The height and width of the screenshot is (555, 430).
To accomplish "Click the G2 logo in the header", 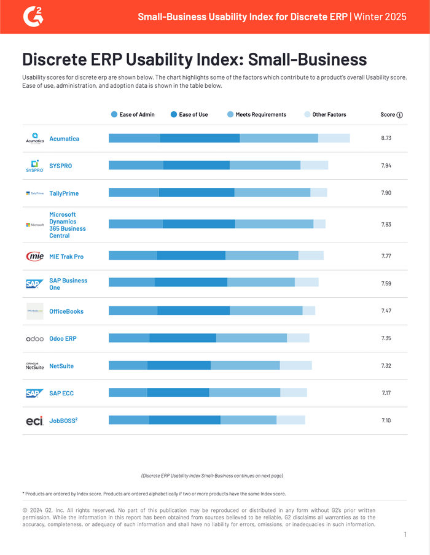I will pyautogui.click(x=33, y=16).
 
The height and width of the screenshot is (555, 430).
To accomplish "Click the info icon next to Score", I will pyautogui.click(x=400, y=115).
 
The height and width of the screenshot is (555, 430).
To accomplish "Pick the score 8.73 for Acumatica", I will pyautogui.click(x=386, y=139).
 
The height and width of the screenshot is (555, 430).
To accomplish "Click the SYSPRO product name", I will pyautogui.click(x=60, y=166).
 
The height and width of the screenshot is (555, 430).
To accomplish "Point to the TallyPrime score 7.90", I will pyautogui.click(x=386, y=193).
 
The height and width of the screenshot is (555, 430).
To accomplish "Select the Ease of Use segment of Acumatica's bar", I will pyautogui.click(x=200, y=138).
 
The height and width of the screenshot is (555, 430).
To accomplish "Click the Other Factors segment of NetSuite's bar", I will pyautogui.click(x=295, y=366).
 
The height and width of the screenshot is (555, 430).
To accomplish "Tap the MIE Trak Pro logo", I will pyautogui.click(x=34, y=257).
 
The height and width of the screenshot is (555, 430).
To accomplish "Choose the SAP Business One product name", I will pyautogui.click(x=68, y=284).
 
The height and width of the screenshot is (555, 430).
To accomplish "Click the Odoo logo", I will pyautogui.click(x=34, y=339).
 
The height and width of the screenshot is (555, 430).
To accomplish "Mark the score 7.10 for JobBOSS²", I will pyautogui.click(x=386, y=421).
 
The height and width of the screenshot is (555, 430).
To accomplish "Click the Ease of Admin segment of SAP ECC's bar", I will pyautogui.click(x=128, y=393).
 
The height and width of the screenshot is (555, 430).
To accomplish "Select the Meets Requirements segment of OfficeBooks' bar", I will pyautogui.click(x=266, y=311).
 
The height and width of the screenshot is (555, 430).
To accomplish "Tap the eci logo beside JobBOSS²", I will pyautogui.click(x=34, y=421).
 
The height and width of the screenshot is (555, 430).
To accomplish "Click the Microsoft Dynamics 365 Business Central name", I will pyautogui.click(x=68, y=225).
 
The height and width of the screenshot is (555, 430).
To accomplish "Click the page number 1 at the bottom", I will pyautogui.click(x=405, y=535).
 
